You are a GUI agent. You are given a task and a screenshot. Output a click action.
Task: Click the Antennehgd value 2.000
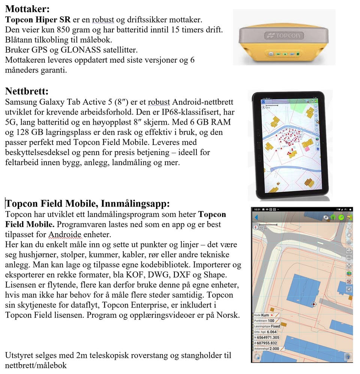(274, 349)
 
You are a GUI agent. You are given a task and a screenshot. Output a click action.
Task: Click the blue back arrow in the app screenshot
(256, 217)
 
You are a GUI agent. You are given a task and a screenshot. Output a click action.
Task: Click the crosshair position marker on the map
(314, 304)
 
